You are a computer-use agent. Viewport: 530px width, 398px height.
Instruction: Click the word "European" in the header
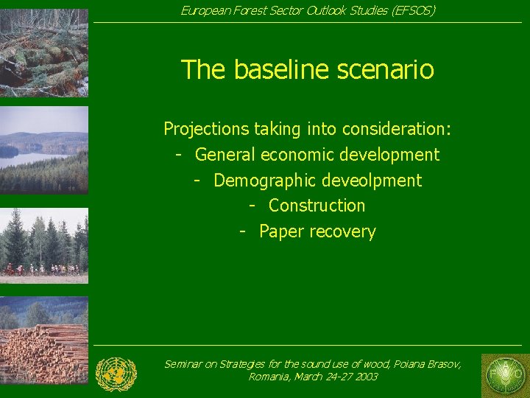pyautogui.click(x=204, y=10)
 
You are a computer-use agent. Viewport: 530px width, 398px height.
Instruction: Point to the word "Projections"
pyautogui.click(x=206, y=129)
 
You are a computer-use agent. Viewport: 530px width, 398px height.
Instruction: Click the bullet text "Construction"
pyautogui.click(x=317, y=206)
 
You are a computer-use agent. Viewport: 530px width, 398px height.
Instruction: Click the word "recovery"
pyautogui.click(x=342, y=231)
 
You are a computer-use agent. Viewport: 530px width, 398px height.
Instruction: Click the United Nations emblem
pyautogui.click(x=116, y=374)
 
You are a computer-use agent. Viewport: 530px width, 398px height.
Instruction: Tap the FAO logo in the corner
pyautogui.click(x=504, y=375)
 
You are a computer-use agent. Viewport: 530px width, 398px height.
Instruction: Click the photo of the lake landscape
pyautogui.click(x=44, y=150)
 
